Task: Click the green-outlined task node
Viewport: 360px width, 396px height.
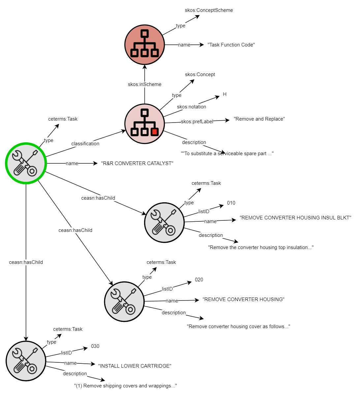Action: point(26,163)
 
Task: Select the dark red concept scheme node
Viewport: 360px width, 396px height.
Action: point(144,45)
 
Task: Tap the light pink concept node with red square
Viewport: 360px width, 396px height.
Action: point(144,124)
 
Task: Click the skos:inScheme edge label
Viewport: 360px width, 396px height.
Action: point(144,84)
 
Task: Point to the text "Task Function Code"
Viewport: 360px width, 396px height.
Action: point(231,45)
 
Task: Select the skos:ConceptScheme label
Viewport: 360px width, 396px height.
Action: point(209,10)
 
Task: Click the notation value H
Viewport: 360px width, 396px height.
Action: point(225,94)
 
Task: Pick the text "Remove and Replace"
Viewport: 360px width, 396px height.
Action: point(259,119)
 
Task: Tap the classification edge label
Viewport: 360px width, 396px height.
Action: point(85,144)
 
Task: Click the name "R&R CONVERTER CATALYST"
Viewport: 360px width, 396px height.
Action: point(137,163)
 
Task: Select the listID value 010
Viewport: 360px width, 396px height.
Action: point(231,203)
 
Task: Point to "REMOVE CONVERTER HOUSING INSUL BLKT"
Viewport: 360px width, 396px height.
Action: point(295,218)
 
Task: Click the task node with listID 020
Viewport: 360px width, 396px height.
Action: point(124,301)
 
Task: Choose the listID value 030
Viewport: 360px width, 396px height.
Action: point(95,346)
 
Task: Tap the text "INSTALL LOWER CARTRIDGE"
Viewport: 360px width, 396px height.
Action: point(135,366)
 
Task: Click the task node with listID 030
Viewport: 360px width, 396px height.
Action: point(26,361)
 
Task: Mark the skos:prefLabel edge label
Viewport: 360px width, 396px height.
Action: point(197,122)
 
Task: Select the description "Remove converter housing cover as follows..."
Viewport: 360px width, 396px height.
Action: point(238,326)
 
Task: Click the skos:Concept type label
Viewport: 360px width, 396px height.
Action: point(200,74)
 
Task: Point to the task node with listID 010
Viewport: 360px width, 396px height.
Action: point(164,223)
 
